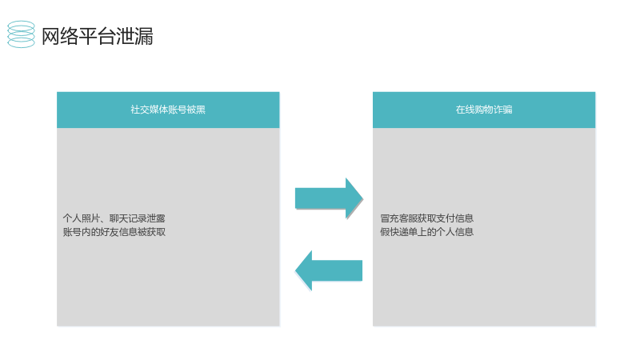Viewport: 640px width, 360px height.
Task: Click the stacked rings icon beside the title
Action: coord(22,34)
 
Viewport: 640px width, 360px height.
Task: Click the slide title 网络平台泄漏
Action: coord(98,36)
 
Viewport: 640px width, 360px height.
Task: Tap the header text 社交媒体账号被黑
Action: coord(168,110)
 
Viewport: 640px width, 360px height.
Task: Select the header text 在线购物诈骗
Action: coord(484,110)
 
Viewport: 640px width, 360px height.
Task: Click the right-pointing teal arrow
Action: coord(329,198)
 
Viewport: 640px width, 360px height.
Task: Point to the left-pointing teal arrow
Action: coord(329,270)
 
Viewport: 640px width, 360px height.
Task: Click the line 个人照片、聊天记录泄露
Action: coord(114,218)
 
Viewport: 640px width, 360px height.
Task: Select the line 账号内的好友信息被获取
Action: coord(114,232)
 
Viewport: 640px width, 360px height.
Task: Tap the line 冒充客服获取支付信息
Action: coord(426,218)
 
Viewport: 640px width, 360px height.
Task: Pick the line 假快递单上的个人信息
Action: coord(426,232)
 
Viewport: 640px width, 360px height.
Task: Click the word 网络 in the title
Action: coord(60,36)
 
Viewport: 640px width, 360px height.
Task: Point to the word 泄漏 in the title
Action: coord(134,36)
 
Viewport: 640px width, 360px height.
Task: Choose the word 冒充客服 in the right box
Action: coord(398,218)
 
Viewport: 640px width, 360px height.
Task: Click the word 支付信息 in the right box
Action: coord(454,218)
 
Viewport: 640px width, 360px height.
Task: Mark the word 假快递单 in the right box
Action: coord(398,232)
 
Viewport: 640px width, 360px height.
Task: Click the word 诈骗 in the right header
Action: coord(503,110)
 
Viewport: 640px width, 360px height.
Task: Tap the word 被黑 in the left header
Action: coord(196,110)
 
